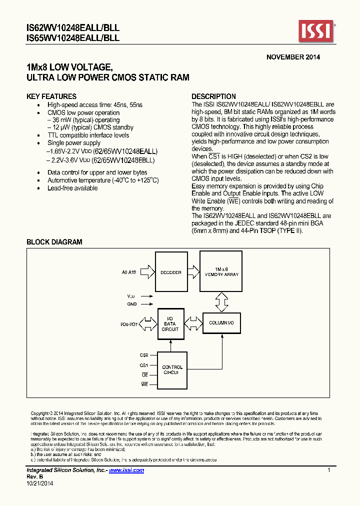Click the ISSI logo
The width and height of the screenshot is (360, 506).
(x=316, y=31)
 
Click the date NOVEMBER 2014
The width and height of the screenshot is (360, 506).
(x=293, y=57)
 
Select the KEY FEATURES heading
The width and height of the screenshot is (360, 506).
(x=51, y=96)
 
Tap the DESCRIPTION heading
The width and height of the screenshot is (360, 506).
(x=214, y=96)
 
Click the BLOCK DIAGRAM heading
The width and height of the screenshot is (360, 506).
(x=54, y=242)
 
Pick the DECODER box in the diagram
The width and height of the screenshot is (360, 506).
(x=171, y=272)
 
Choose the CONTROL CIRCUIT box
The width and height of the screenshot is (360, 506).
(x=172, y=370)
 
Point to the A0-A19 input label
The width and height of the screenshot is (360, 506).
(x=129, y=272)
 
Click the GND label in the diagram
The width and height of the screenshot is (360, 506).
(x=131, y=303)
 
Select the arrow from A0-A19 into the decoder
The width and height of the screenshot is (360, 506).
(x=146, y=272)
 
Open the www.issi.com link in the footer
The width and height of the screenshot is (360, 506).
(x=126, y=470)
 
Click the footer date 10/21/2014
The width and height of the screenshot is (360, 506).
(x=39, y=483)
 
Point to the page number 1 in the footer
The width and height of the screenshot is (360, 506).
(x=328, y=470)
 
